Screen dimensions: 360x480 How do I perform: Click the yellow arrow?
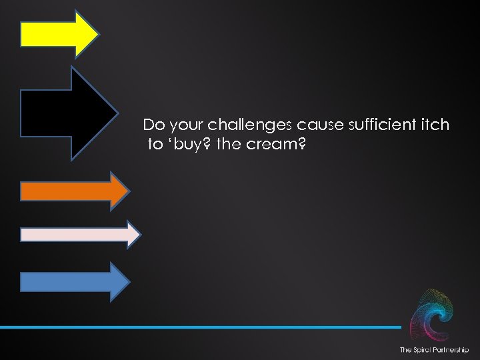(x=57, y=33)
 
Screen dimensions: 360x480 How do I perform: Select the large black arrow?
(x=63, y=113)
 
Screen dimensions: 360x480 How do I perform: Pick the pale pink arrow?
(x=77, y=234)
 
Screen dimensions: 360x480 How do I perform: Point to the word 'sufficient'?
(x=366, y=125)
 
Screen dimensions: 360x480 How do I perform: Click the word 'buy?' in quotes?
(x=189, y=145)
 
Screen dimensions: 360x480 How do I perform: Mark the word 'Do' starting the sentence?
(x=153, y=125)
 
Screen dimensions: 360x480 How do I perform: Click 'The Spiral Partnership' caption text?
(x=433, y=350)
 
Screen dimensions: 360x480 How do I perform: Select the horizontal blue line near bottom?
(x=200, y=327)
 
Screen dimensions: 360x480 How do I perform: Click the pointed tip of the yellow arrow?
(x=97, y=33)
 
